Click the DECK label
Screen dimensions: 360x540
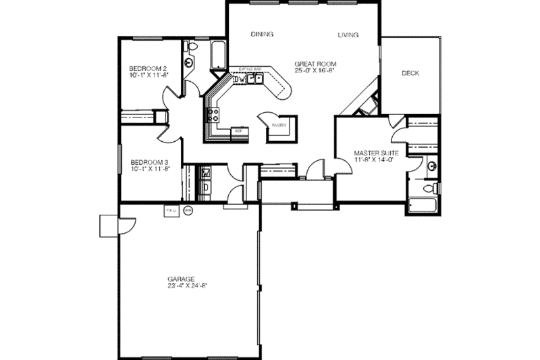[410, 73]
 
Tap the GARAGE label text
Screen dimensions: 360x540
[182, 278]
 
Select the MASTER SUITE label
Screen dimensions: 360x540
[376, 153]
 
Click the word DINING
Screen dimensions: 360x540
[261, 34]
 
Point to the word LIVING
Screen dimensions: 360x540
[348, 34]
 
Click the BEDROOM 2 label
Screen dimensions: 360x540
[148, 68]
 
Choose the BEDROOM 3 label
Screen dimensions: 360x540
[148, 162]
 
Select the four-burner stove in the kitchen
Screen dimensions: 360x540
[213, 115]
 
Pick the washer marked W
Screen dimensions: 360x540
[206, 174]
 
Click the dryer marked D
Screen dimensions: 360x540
[206, 186]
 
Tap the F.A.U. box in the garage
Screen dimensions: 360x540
[169, 210]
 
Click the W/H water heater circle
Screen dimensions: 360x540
[188, 210]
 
